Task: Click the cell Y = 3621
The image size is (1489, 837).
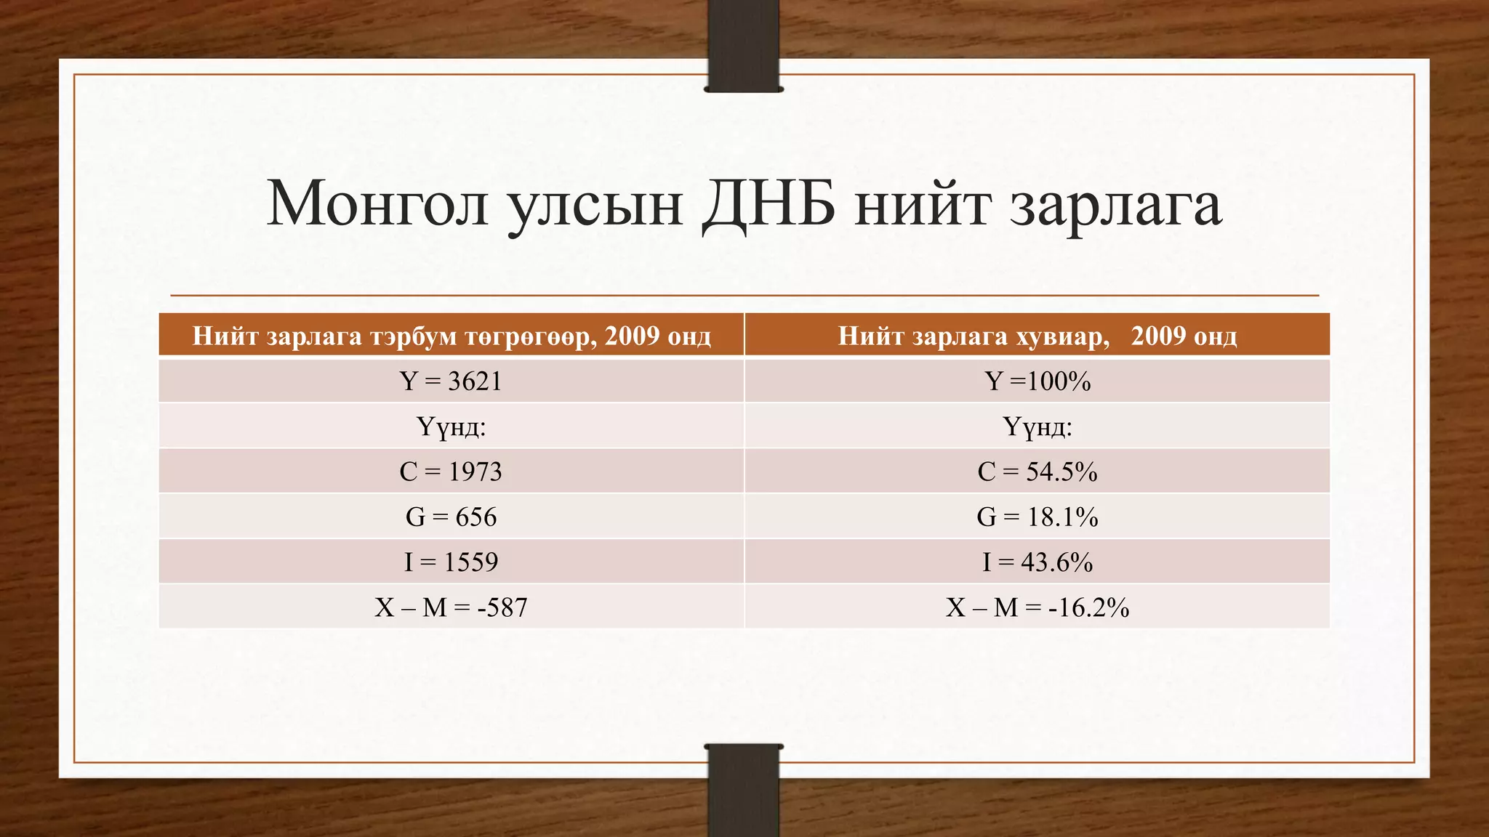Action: [x=451, y=381]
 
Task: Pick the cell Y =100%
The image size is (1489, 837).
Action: [x=1038, y=381]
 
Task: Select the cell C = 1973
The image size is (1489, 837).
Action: [x=451, y=472]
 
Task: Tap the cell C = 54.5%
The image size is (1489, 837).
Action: [x=1038, y=472]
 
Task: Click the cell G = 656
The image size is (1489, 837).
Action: [x=451, y=517]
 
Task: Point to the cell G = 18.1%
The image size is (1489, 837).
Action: [x=1038, y=517]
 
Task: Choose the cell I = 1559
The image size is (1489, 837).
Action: [x=451, y=562]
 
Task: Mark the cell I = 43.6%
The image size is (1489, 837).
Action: [x=1038, y=562]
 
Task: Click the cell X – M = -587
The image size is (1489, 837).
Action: [x=451, y=607]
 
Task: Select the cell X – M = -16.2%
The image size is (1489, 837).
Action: [x=1038, y=607]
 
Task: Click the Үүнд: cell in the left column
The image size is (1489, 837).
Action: [x=451, y=426]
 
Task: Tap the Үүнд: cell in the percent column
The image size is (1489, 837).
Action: [x=1038, y=426]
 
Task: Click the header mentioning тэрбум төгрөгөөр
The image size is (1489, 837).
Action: [x=451, y=336]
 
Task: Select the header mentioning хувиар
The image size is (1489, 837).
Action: [x=1038, y=336]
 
